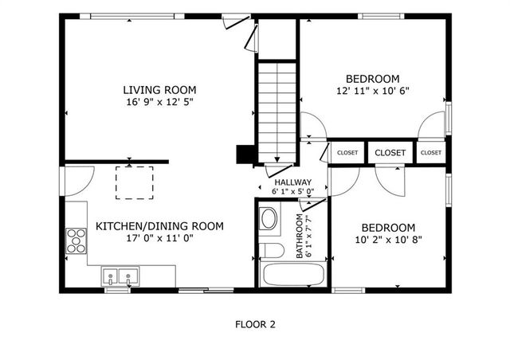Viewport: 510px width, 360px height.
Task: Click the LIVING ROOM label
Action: tap(159, 89)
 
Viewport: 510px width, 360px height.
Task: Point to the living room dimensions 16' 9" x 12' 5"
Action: tap(159, 102)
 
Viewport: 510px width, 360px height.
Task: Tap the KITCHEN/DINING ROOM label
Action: tap(159, 226)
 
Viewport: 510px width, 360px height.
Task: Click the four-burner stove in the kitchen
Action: tap(76, 240)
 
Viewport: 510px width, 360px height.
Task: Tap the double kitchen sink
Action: tap(119, 277)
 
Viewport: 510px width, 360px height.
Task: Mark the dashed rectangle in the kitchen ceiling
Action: tap(133, 182)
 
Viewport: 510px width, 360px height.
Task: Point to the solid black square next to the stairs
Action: tap(245, 155)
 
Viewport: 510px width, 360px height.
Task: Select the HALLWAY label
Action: tap(293, 182)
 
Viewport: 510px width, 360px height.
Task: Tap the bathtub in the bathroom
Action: tap(294, 276)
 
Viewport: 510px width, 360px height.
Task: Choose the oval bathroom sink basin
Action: tap(269, 218)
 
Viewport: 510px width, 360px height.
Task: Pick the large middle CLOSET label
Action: tap(390, 153)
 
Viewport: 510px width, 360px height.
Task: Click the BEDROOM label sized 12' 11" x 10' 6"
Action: tap(372, 78)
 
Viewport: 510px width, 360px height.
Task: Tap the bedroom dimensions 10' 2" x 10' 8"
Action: tap(388, 239)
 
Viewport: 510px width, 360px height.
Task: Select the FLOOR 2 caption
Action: tap(255, 324)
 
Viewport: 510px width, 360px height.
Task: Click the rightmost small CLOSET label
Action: tap(430, 153)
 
